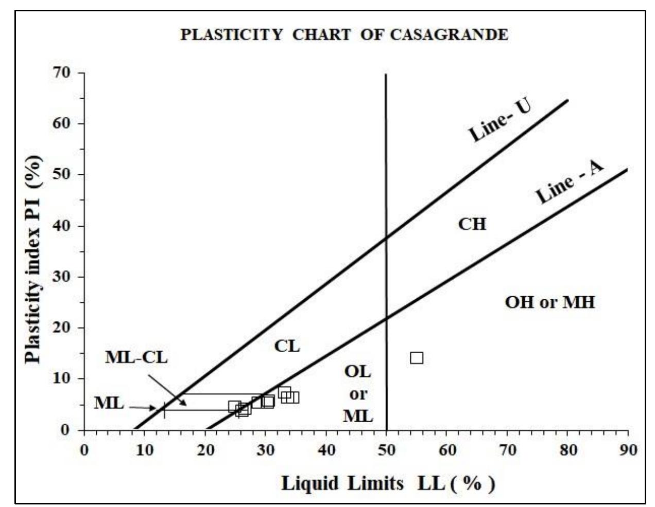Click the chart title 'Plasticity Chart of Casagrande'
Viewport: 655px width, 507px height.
pos(344,35)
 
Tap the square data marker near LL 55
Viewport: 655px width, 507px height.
pos(417,358)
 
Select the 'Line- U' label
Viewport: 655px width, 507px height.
pos(499,120)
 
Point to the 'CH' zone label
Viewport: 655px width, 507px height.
pos(472,224)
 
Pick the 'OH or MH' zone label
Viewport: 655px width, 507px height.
pos(549,302)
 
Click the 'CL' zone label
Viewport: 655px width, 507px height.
pos(287,347)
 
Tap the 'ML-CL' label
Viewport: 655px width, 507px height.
pos(136,357)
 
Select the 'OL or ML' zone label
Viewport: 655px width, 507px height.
pos(358,393)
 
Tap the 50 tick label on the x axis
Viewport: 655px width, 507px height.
pos(386,450)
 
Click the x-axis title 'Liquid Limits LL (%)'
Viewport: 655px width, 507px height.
pos(388,483)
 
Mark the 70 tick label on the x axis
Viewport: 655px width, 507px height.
pos(507,450)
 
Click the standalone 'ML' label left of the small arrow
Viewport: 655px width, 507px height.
pos(109,403)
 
